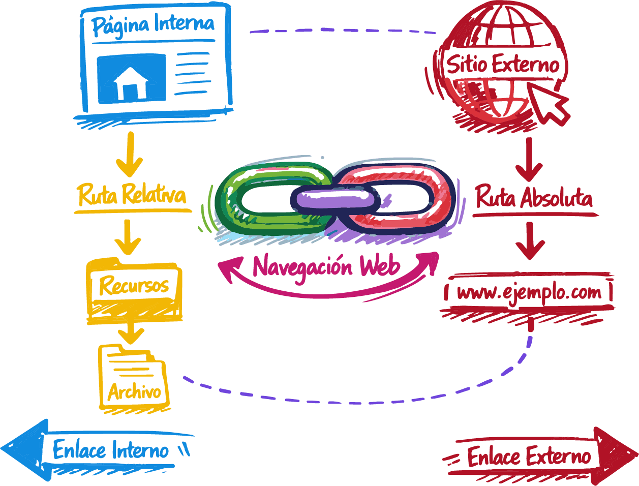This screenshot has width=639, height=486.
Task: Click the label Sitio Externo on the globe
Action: [502, 65]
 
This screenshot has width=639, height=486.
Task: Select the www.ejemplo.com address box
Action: [529, 293]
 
